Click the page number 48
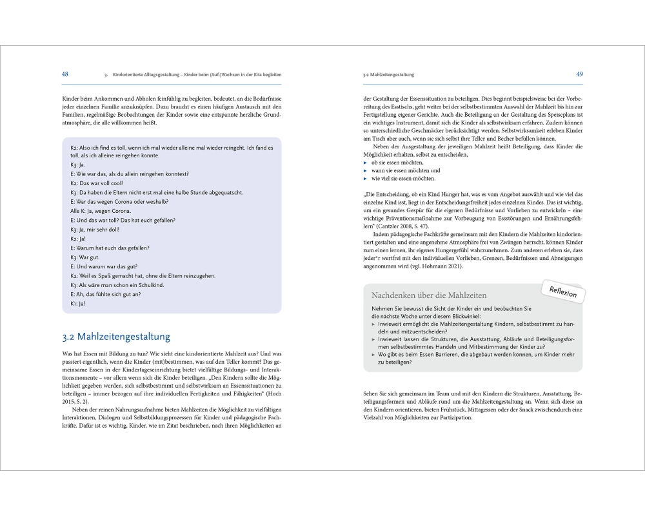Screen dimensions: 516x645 (x=65, y=74)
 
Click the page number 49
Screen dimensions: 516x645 (x=579, y=74)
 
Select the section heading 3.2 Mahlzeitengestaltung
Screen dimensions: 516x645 (x=116, y=336)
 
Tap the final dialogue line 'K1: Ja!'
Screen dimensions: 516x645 (x=78, y=303)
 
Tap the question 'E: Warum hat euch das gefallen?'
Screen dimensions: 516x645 (x=109, y=248)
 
